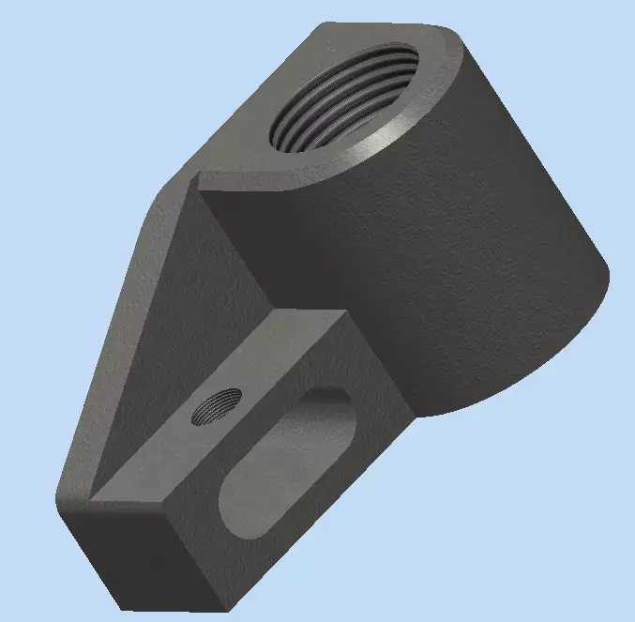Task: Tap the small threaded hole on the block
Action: click(x=216, y=406)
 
